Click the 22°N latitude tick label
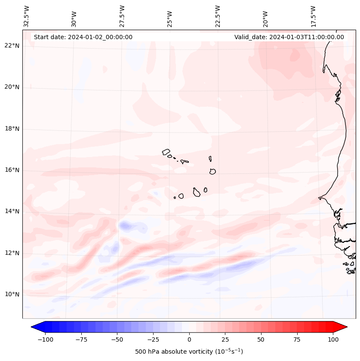[x=12, y=46]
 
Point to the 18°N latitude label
[x=12, y=129]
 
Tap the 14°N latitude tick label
[x=12, y=211]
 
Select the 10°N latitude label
[x=12, y=294]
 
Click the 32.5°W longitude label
[x=27, y=16]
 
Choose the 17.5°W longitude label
[x=313, y=16]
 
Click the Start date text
[x=83, y=37]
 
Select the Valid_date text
[x=289, y=37]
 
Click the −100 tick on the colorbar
[x=45, y=339]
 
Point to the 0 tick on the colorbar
[x=189, y=339]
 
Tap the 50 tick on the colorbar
[x=261, y=339]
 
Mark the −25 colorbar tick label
[x=153, y=339]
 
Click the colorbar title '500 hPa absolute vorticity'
[x=189, y=352]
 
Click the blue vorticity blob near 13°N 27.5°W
[x=126, y=225]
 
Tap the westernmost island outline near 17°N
[x=166, y=151]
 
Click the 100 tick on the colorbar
[x=333, y=339]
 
